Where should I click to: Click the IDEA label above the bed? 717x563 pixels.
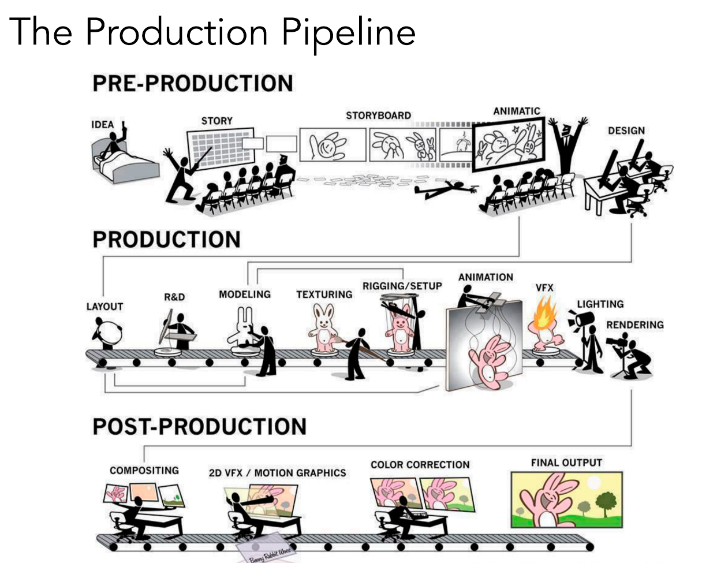click(x=102, y=125)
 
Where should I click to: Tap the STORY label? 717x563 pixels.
click(x=216, y=121)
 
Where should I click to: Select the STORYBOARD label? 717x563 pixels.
click(x=378, y=115)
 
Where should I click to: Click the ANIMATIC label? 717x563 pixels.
click(x=516, y=111)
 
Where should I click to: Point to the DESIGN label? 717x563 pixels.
click(x=626, y=131)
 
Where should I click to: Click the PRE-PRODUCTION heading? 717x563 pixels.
click(x=193, y=83)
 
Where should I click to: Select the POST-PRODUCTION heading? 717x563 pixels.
click(x=199, y=427)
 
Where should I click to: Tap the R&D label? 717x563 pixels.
click(x=174, y=297)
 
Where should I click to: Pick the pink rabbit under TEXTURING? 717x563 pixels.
click(x=323, y=329)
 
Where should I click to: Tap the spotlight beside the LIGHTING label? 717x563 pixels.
click(x=581, y=320)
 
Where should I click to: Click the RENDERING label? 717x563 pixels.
click(x=634, y=325)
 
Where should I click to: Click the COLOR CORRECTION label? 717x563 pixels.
click(x=420, y=465)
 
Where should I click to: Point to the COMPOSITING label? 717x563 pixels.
click(x=144, y=471)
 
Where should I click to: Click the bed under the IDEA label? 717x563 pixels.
click(x=124, y=165)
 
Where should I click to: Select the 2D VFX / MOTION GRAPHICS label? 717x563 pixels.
click(x=277, y=473)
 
